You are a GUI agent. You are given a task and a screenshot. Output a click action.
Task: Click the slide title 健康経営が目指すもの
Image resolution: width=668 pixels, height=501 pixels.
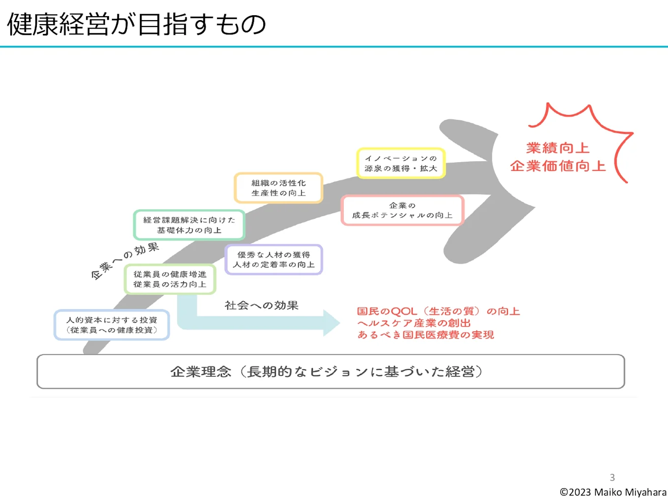[x=137, y=25]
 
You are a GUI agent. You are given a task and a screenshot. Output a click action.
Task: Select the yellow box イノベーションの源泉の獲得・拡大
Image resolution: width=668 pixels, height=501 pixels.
[x=401, y=163]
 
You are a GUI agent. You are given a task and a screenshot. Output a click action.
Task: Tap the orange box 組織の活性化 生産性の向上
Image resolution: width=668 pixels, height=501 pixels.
[x=278, y=188]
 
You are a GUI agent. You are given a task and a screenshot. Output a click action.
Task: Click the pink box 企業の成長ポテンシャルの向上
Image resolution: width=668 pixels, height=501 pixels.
[x=402, y=210]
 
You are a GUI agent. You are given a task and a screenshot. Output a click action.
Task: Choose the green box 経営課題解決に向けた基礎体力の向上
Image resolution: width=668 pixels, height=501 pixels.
[x=189, y=225]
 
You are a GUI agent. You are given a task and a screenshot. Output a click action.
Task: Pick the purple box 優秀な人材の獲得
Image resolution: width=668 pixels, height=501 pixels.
[x=274, y=259]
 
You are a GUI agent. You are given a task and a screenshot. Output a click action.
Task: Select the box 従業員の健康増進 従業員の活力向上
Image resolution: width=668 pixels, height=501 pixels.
[x=170, y=279]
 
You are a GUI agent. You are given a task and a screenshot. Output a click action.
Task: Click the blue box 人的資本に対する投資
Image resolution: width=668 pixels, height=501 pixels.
[x=112, y=325]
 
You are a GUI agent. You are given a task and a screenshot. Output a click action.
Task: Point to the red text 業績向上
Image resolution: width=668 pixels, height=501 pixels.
[x=557, y=148]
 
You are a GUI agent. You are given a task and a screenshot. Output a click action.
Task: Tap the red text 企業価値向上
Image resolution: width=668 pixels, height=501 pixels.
[x=557, y=166]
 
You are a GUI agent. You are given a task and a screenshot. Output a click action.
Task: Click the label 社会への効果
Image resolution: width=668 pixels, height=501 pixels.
[x=261, y=306]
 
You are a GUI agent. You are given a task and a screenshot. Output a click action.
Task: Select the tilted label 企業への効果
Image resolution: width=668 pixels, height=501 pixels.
[x=125, y=261]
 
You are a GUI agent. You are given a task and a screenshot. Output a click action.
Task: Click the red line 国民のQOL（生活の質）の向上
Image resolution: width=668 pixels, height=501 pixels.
[x=438, y=311]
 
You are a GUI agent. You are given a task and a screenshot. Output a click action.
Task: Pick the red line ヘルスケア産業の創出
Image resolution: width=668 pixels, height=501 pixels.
[x=414, y=323]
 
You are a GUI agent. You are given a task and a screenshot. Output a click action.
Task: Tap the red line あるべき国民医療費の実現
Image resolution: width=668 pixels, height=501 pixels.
[x=425, y=335]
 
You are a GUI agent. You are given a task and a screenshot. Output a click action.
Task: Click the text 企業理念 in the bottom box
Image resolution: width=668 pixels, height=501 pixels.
[x=201, y=372]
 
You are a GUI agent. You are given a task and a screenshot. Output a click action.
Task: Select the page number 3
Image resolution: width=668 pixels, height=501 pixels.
[x=612, y=477]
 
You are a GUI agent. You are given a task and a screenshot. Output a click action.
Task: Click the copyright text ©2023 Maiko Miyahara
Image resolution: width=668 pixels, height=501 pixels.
[x=613, y=492]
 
